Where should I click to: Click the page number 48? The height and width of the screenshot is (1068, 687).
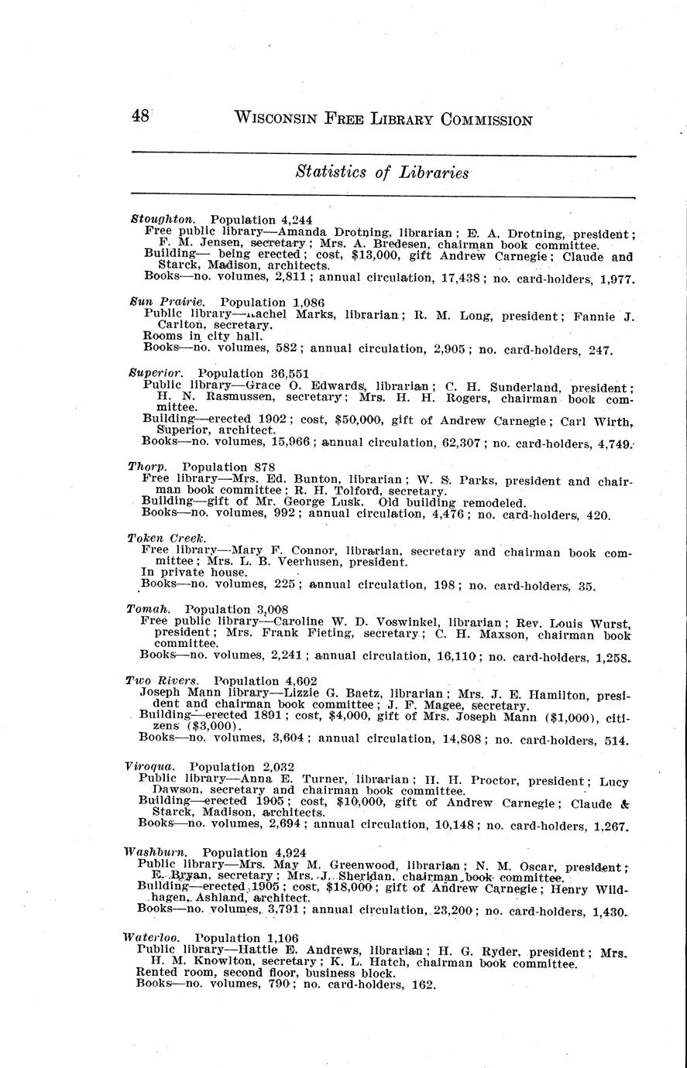140,117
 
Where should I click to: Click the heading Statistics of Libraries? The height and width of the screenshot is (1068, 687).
382,173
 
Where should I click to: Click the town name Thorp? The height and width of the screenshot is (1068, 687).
147,467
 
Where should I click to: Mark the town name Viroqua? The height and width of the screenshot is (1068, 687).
150,767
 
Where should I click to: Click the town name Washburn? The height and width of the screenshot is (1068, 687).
156,852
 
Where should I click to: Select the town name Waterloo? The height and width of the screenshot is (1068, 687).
152,938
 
